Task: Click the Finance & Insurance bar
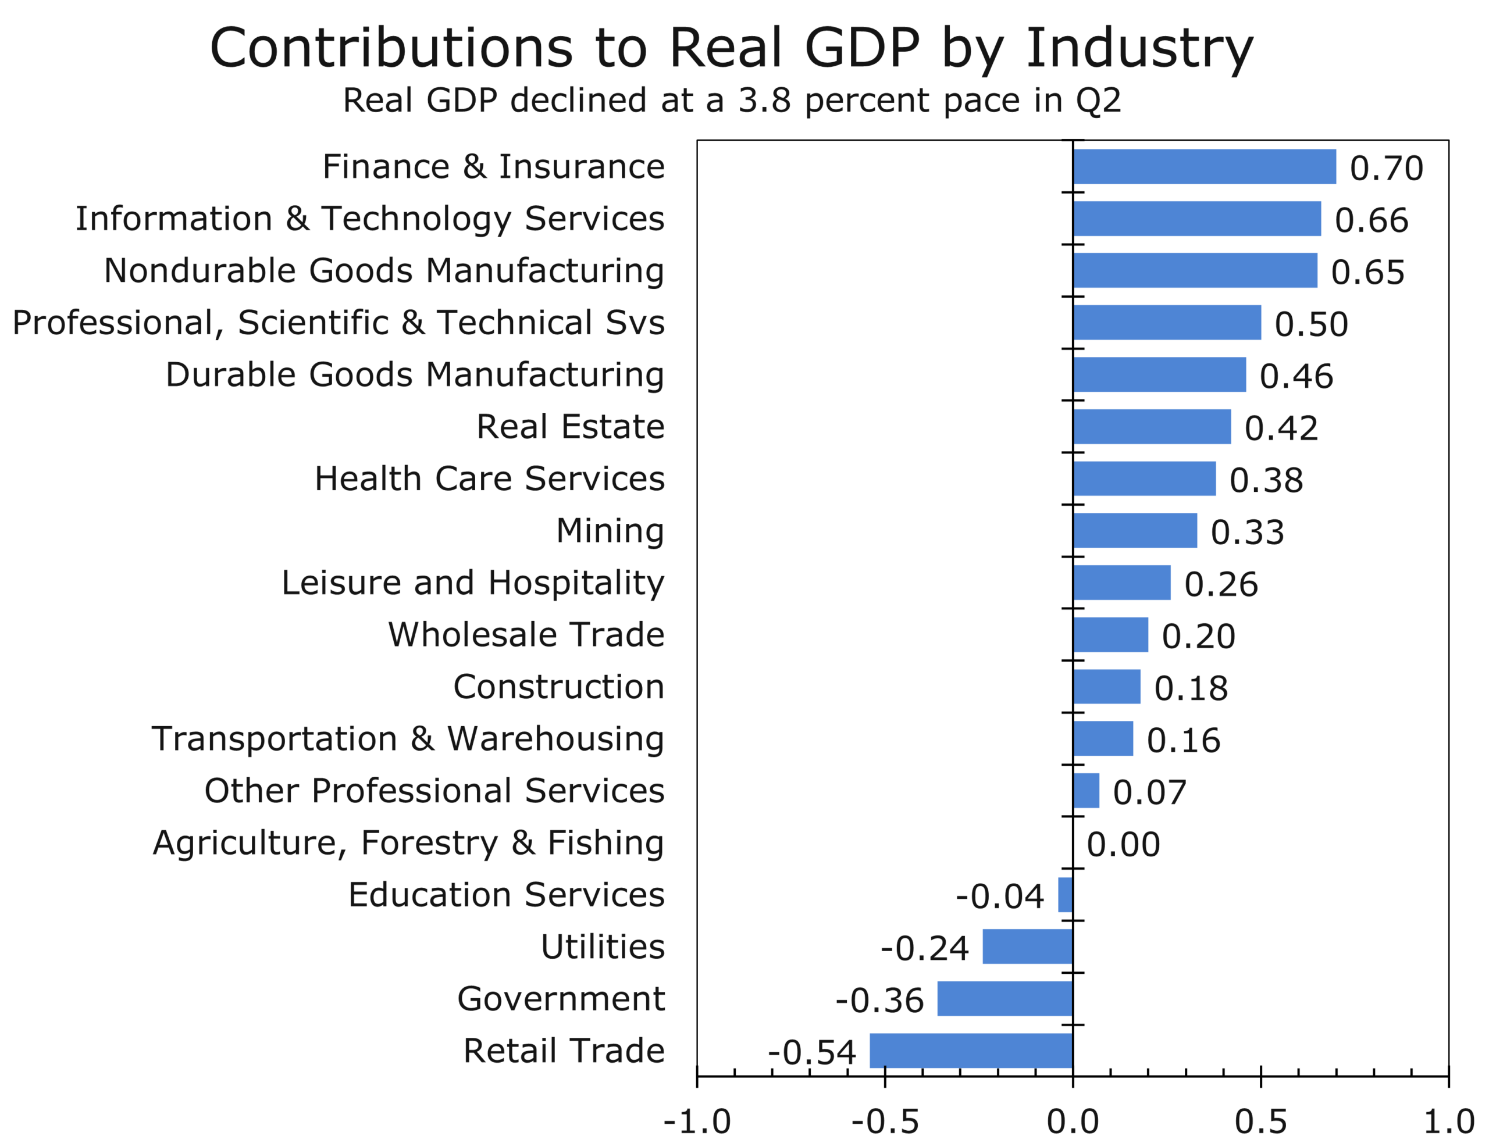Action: click(x=1204, y=167)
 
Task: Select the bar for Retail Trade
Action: click(x=971, y=1051)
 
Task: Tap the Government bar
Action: click(x=1005, y=999)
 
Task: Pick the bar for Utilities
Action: click(x=1028, y=946)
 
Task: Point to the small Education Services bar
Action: click(x=1065, y=895)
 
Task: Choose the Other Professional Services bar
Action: click(x=1086, y=791)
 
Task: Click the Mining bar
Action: click(x=1135, y=531)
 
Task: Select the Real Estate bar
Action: click(x=1152, y=427)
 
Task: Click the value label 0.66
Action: click(x=1372, y=220)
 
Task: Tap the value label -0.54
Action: click(x=812, y=1052)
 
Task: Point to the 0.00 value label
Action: click(x=1124, y=844)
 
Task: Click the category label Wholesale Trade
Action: click(x=526, y=635)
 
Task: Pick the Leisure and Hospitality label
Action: click(x=473, y=583)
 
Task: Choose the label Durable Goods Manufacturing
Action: click(x=415, y=375)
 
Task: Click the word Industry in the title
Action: click(x=1139, y=49)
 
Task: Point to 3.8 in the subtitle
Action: click(x=765, y=101)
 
